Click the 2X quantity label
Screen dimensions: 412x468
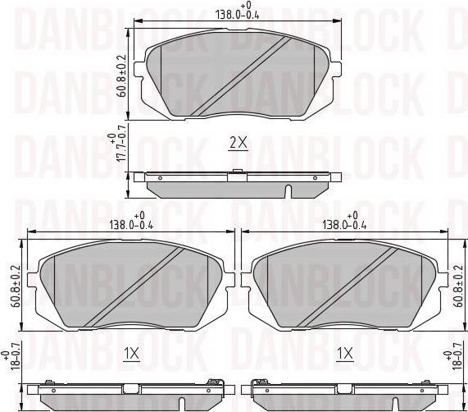(237, 143)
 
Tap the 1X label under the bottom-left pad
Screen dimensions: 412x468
(130, 355)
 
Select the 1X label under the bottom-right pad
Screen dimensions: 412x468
(344, 355)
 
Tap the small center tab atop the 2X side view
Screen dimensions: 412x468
(237, 172)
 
